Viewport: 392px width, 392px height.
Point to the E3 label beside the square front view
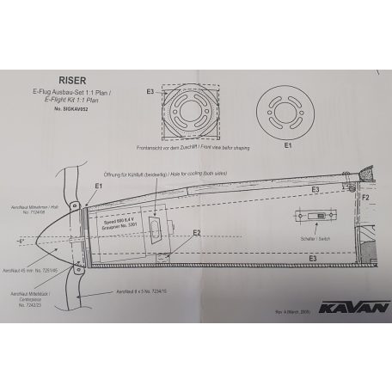(x=151, y=90)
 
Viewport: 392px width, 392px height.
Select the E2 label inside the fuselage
(x=197, y=232)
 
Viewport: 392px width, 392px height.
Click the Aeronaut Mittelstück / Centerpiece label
(x=34, y=295)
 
